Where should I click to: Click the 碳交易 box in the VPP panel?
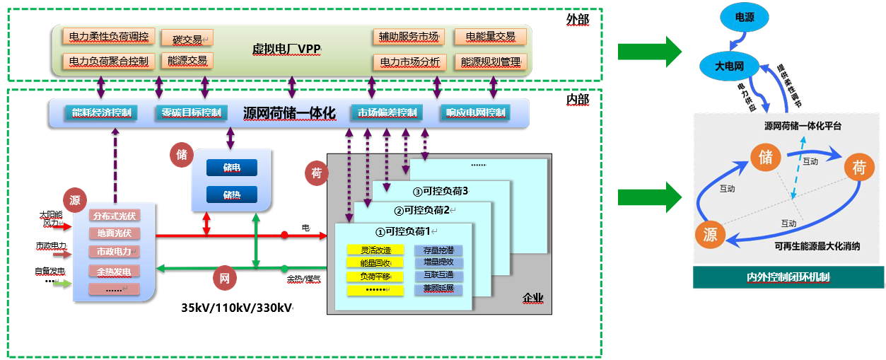coord(187,38)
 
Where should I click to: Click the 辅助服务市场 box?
coord(408,36)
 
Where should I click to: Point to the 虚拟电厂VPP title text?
coord(286,49)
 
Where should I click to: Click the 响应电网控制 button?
coord(476,112)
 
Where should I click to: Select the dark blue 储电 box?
coord(231,168)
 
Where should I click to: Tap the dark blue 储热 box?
coord(231,194)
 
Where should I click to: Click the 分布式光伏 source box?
coord(114,216)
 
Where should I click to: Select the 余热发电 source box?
coord(114,270)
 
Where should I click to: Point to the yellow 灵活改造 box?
coord(375,250)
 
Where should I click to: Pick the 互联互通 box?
coord(438,275)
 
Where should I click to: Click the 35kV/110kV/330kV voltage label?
coord(236,308)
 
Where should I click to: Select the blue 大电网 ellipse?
coord(729,66)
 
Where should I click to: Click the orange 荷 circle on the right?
coord(859,168)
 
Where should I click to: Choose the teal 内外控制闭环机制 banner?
coord(788,277)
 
